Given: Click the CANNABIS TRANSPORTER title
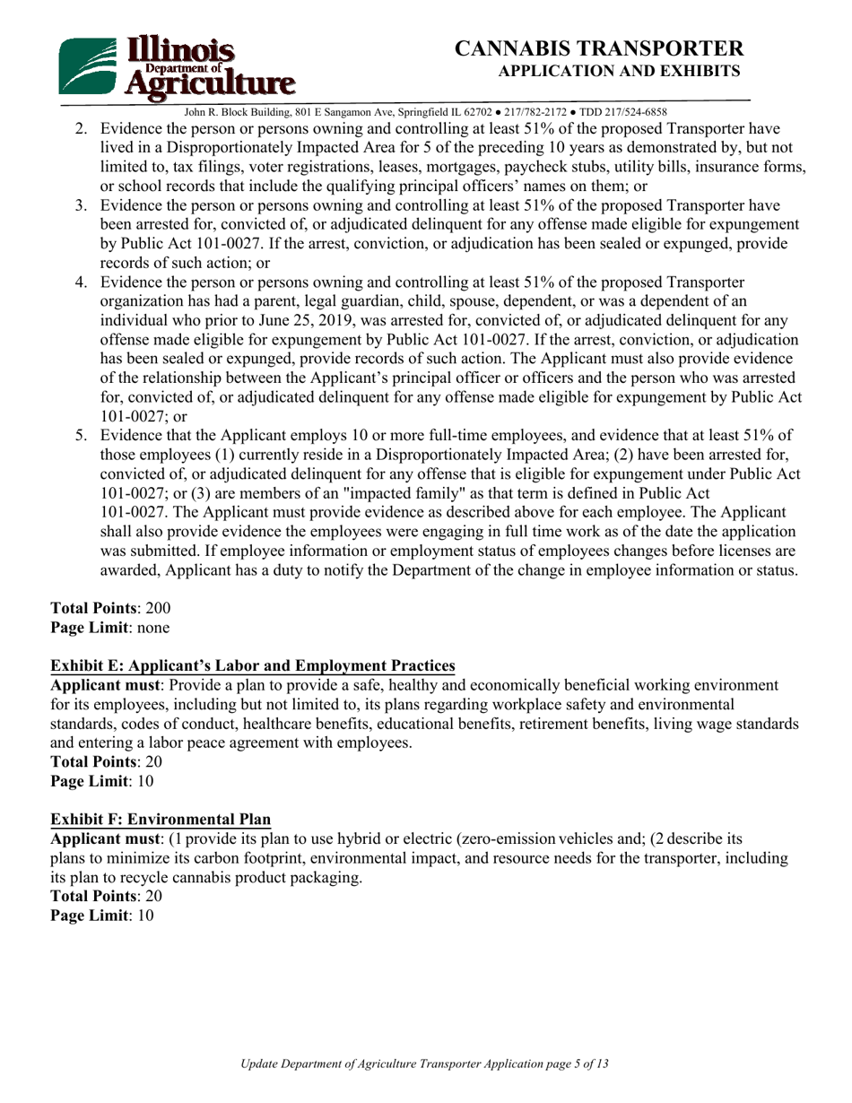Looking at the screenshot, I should (599, 48).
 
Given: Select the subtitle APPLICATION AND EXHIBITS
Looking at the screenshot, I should (619, 71).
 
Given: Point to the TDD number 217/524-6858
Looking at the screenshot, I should (637, 112).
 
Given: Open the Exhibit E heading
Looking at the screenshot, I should (253, 665).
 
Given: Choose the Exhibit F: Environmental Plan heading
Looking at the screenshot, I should (161, 819).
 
